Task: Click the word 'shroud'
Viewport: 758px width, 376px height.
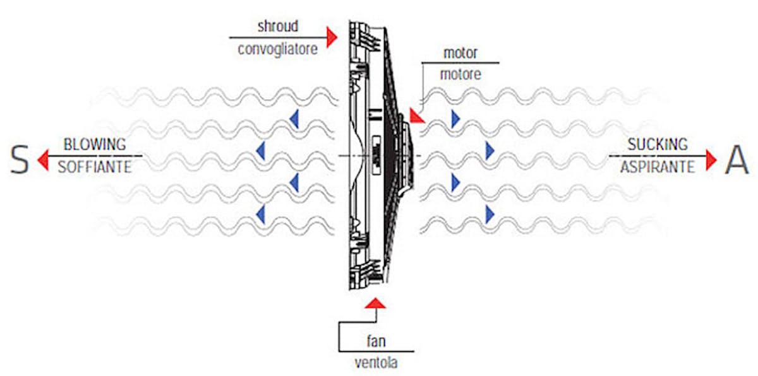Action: [x=277, y=27]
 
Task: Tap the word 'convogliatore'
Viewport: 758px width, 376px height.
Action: [x=277, y=48]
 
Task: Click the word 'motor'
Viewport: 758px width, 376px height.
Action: [x=460, y=52]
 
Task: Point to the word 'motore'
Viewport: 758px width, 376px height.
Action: [x=460, y=74]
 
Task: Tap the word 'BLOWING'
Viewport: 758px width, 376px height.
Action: [x=95, y=144]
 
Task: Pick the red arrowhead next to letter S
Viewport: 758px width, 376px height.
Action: [x=43, y=160]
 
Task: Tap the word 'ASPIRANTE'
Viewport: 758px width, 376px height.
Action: [x=657, y=167]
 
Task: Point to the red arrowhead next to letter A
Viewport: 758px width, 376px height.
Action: [x=712, y=160]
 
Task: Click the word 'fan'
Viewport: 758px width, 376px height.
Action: [x=376, y=341]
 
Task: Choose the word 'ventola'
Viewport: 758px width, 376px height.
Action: [x=376, y=363]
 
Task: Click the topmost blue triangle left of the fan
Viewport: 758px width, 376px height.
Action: [x=293, y=117]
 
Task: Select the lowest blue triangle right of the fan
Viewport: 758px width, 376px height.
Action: [x=490, y=214]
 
